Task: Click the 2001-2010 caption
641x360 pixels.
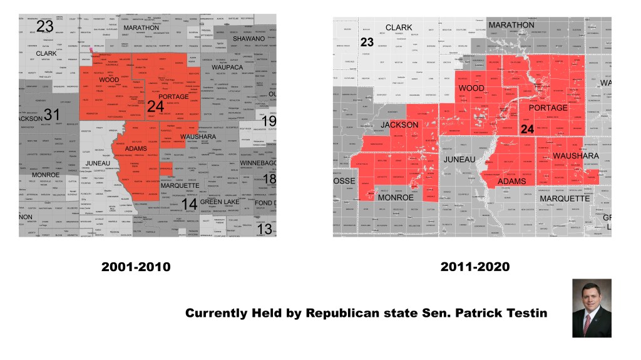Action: [x=136, y=267]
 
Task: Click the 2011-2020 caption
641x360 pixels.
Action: [x=475, y=267]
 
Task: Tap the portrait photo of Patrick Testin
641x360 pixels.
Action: [x=592, y=308]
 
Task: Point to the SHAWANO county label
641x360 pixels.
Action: [x=249, y=39]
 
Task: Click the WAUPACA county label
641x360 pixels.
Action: [x=227, y=67]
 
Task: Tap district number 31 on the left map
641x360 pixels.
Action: [x=51, y=115]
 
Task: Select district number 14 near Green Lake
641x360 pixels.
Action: [x=189, y=204]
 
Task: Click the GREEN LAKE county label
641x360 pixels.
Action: [x=220, y=202]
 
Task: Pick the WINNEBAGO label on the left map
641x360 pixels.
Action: [x=258, y=163]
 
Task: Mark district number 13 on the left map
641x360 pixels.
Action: [x=265, y=229]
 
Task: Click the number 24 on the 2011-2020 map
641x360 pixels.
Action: [x=527, y=129]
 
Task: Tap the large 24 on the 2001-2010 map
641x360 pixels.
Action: [x=155, y=107]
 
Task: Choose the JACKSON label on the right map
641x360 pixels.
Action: [x=399, y=125]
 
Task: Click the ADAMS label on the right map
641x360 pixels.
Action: [x=512, y=182]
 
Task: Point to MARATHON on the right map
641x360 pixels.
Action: [x=511, y=25]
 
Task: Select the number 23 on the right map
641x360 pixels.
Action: [x=367, y=43]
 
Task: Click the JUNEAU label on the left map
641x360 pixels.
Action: [x=98, y=163]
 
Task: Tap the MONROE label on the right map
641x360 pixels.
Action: [x=396, y=197]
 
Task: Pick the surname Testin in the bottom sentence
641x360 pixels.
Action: [x=523, y=313]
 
